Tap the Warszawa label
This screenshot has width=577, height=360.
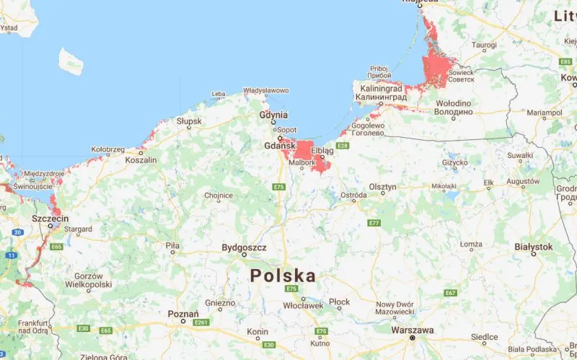(412, 330)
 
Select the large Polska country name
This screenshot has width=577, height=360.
(283, 276)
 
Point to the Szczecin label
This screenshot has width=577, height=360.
(50, 218)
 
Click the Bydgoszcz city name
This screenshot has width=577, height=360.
(245, 247)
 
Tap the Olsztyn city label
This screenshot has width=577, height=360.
(382, 187)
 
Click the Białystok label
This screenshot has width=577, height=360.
(534, 246)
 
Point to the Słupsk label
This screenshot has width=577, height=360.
(189, 121)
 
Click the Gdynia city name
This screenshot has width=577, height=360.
(274, 115)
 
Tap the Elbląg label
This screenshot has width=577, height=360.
(322, 151)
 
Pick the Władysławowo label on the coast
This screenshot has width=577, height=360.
(265, 91)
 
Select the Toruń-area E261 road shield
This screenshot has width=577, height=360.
(201, 322)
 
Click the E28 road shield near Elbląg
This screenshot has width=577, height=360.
(343, 146)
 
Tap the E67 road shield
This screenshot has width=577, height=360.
(451, 292)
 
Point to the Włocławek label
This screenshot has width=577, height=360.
(303, 305)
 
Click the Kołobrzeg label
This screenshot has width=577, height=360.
(108, 149)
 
